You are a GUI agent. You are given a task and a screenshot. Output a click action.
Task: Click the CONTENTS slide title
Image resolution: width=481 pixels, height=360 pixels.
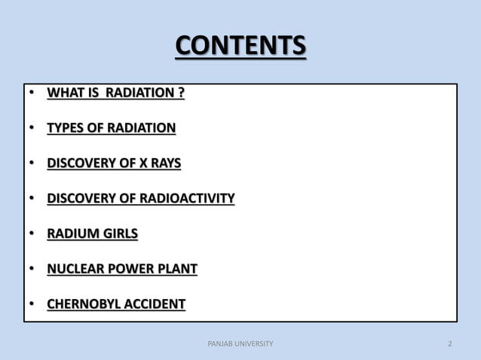[x=240, y=46]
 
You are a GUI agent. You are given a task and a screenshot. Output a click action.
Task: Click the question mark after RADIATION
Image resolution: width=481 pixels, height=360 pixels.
[x=181, y=93]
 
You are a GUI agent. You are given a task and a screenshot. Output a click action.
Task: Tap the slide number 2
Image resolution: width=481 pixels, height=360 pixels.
[x=450, y=344]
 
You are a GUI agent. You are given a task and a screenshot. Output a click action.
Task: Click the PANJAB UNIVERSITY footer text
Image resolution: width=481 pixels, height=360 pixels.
[x=240, y=344]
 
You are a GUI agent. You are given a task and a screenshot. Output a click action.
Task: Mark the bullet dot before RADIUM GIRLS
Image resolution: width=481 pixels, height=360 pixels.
[x=32, y=234]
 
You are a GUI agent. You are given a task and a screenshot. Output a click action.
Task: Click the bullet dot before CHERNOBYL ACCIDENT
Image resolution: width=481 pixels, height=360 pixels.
[x=32, y=305]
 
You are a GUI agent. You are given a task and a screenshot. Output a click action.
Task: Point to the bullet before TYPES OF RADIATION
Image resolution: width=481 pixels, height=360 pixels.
[x=32, y=129]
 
